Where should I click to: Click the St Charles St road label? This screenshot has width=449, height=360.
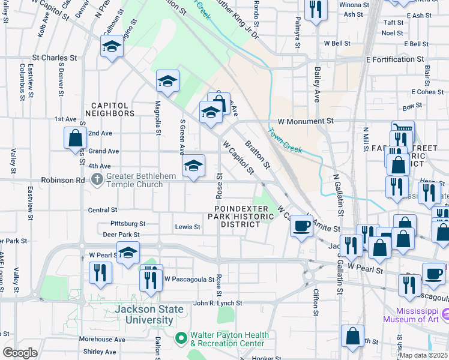click(x=55, y=58)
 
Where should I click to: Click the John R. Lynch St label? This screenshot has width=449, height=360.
click(x=217, y=304)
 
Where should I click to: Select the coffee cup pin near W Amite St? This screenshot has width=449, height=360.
click(x=302, y=226)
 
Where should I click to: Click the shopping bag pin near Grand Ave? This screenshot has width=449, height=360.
click(x=75, y=137)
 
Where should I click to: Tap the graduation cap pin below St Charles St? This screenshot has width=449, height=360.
click(x=112, y=46)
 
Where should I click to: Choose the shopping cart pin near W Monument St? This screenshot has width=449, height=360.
click(x=403, y=130)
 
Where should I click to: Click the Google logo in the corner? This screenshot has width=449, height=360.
click(x=20, y=353)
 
